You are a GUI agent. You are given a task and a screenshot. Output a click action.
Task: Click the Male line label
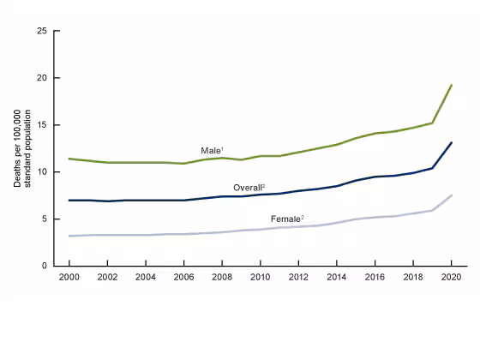(212, 150)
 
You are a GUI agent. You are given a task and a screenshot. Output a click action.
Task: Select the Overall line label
(249, 187)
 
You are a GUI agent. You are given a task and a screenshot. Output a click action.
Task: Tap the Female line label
(287, 219)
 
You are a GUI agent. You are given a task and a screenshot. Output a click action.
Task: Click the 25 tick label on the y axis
(42, 31)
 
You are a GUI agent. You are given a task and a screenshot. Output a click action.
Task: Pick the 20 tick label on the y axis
(42, 78)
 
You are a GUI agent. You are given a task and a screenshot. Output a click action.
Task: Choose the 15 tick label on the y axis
(42, 125)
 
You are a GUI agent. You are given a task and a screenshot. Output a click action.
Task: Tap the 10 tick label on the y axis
(42, 172)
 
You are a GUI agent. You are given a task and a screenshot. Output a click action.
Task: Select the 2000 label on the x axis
(69, 278)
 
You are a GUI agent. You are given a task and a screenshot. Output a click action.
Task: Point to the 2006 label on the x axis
(183, 278)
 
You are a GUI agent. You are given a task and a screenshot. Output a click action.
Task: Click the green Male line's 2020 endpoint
(452, 85)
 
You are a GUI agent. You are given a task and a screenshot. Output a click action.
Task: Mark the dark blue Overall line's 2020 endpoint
(452, 142)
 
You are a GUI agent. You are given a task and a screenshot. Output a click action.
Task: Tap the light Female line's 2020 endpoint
(452, 195)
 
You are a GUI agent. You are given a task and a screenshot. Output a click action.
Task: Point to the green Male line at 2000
(69, 159)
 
